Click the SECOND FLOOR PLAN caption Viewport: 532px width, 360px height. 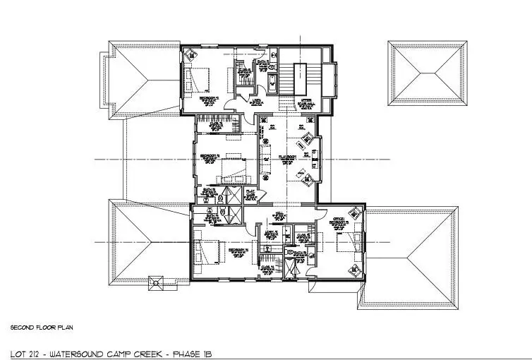(x=42, y=328)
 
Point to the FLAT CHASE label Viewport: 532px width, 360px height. (x=250, y=193)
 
